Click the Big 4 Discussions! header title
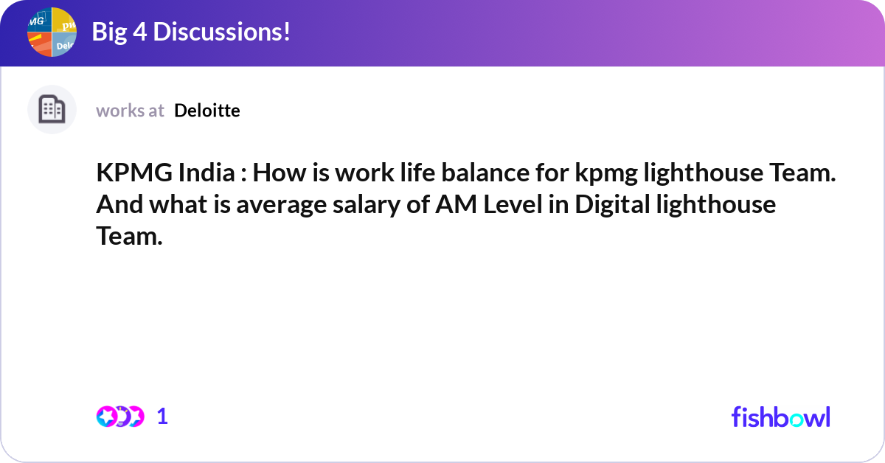point(190,32)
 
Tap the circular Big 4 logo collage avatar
point(52,32)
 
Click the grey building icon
point(52,110)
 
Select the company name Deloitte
point(207,111)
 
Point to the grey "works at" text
point(130,111)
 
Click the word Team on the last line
point(128,236)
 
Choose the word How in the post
point(284,174)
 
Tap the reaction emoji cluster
point(120,417)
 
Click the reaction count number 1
point(162,417)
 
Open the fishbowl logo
point(780,417)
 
